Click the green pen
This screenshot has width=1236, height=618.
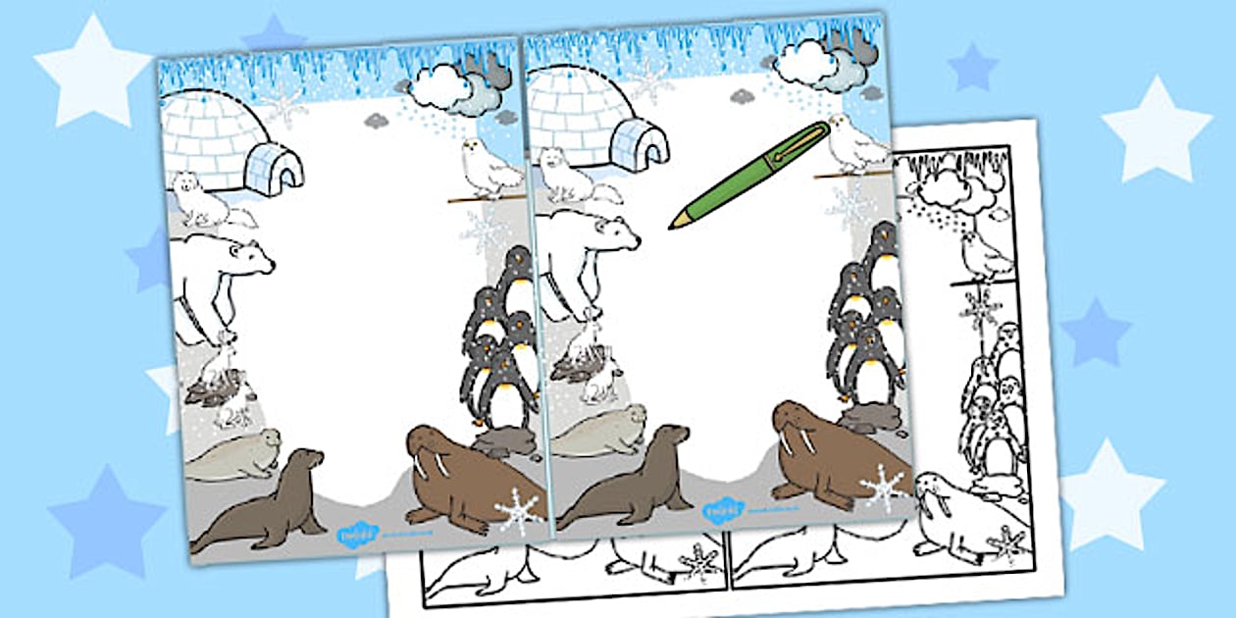click(x=750, y=175)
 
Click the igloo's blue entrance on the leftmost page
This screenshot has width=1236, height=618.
click(x=274, y=168)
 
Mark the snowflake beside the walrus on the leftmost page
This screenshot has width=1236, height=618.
click(x=518, y=511)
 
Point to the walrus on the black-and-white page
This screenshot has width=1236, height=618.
click(x=956, y=515)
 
